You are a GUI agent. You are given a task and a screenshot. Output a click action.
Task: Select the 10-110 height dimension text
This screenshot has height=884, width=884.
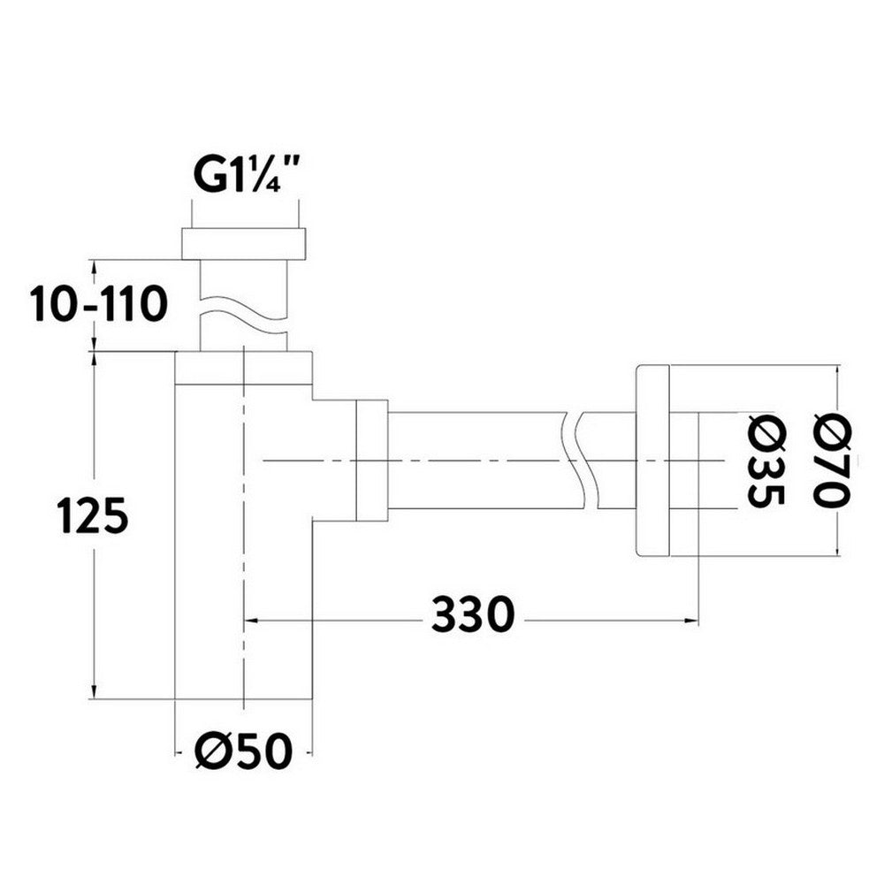pos(98,306)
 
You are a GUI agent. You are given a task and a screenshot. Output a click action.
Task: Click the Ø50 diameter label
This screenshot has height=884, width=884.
pos(242,752)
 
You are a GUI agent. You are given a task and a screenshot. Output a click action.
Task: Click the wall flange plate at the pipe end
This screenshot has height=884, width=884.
pos(652,460)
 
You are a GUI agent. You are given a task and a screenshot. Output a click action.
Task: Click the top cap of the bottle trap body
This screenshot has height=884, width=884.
pos(243,369)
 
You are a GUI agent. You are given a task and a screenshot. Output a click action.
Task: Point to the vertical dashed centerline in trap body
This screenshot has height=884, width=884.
pos(242,530)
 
